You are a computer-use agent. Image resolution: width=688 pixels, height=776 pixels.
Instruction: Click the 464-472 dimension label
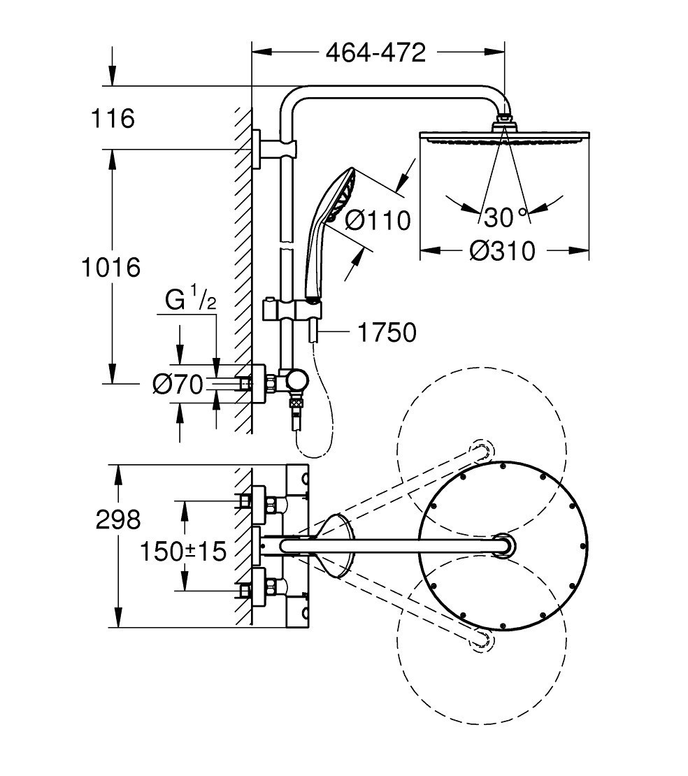coord(375,52)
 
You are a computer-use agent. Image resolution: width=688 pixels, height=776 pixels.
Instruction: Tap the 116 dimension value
coord(113,119)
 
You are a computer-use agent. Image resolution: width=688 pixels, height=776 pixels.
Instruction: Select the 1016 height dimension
coord(111,267)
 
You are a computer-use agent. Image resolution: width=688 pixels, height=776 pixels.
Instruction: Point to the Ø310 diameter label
coord(503,251)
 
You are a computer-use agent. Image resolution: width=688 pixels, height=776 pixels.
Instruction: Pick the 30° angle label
coord(505,217)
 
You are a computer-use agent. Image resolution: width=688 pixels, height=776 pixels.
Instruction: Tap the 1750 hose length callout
coord(387,333)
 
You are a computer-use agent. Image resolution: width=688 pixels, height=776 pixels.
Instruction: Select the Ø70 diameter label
coord(178,384)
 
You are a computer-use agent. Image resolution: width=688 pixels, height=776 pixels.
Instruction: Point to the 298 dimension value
coord(118,519)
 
